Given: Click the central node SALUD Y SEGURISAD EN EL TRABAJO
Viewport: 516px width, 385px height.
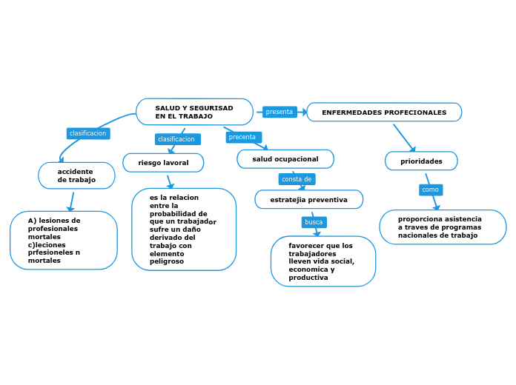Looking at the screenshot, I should [x=194, y=112].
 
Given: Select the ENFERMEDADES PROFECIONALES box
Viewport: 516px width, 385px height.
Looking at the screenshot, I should [x=384, y=113].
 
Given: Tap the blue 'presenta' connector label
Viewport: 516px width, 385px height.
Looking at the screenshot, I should [x=279, y=112].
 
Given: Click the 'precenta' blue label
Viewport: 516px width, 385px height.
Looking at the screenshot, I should [x=243, y=137].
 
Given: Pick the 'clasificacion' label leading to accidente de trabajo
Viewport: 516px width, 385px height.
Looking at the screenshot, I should [x=88, y=133].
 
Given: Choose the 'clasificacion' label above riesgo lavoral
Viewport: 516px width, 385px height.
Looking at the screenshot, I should [x=176, y=139].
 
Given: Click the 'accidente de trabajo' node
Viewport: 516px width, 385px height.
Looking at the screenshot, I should [x=76, y=175].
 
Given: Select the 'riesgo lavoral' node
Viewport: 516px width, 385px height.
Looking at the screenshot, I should [x=163, y=162].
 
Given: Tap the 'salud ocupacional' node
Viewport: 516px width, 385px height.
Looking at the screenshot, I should [x=285, y=159].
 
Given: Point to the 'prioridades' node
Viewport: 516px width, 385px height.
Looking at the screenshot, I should [x=421, y=161].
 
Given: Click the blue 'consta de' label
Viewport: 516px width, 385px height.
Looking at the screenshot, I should [x=297, y=179].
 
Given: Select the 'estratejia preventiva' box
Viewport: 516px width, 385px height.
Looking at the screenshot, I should [x=308, y=200].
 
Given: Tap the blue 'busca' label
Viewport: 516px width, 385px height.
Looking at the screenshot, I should [x=314, y=222].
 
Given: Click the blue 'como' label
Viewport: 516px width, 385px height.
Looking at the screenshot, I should [x=430, y=190].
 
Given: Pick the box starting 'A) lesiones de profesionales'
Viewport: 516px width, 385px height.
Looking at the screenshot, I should [x=64, y=241].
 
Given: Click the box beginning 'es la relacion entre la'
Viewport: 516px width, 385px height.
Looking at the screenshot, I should [x=184, y=230].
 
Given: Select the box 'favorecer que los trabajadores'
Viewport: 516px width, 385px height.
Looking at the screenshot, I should [x=323, y=261].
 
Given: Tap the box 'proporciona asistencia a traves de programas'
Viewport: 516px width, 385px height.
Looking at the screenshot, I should [x=443, y=227].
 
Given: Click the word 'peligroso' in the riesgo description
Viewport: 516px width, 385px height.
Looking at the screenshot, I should [x=166, y=261].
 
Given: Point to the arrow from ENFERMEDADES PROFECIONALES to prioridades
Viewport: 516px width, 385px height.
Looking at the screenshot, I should [x=405, y=138].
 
